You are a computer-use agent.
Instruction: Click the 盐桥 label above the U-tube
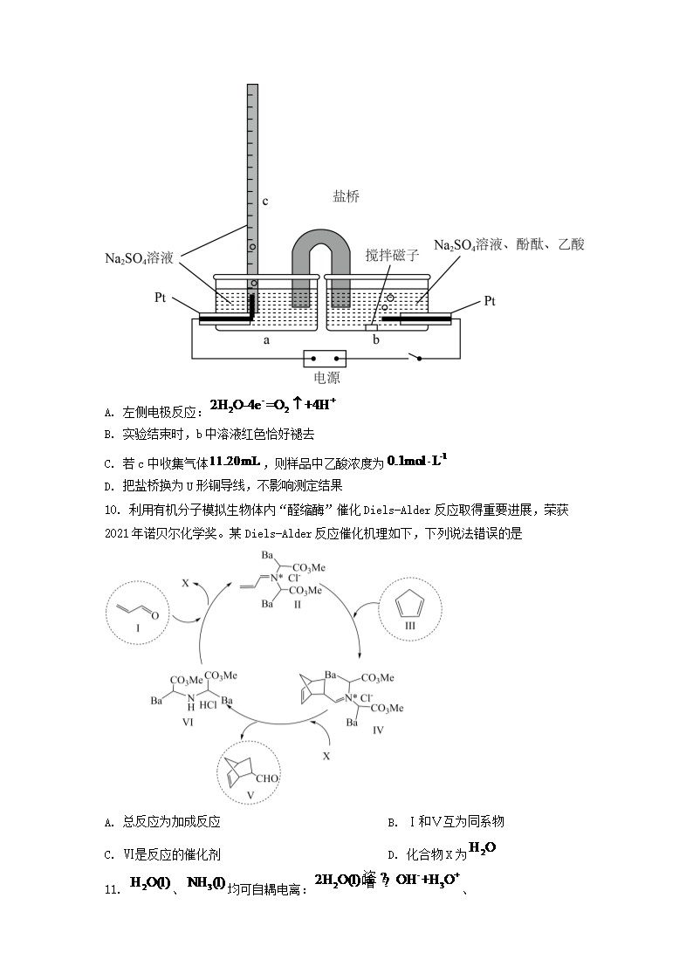tap(346, 196)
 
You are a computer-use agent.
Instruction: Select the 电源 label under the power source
tap(326, 378)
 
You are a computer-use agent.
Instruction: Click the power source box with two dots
tap(325, 358)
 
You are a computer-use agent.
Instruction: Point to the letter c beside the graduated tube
tap(265, 202)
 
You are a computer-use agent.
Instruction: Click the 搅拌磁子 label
tap(393, 255)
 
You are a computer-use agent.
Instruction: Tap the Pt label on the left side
tap(161, 298)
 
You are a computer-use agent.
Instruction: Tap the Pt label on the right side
tap(490, 301)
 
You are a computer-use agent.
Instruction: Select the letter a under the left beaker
tap(266, 340)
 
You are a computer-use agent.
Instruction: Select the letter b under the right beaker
tap(376, 340)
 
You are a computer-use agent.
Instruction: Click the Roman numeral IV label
tap(377, 730)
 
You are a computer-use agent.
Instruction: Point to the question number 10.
tap(111, 509)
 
